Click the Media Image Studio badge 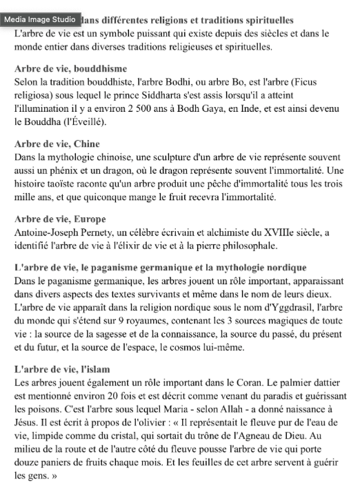[41, 20]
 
